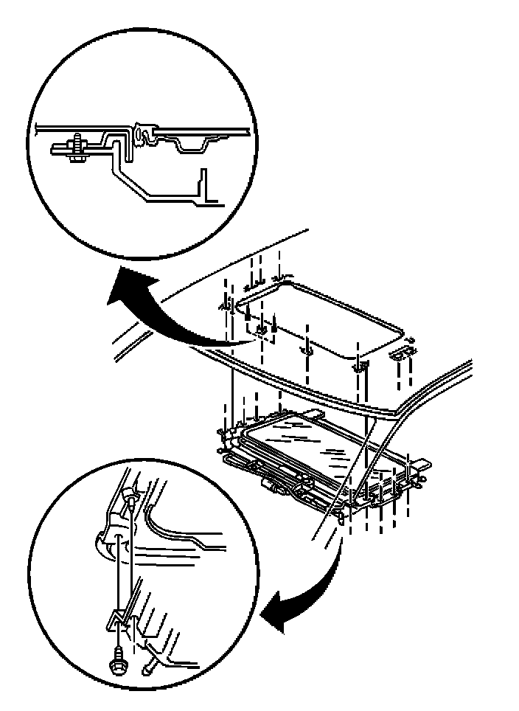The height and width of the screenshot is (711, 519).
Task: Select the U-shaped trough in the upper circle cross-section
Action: pyautogui.click(x=194, y=145)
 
